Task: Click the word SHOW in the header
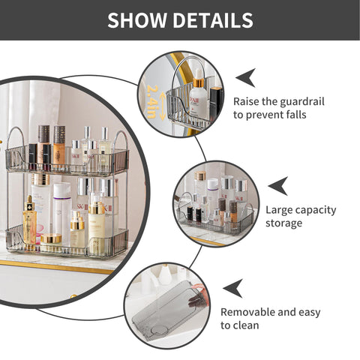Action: click(x=137, y=20)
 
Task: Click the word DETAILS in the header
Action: click(x=213, y=20)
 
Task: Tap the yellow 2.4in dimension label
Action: click(x=152, y=101)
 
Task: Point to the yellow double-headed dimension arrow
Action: click(x=163, y=106)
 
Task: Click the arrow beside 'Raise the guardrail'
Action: click(x=246, y=78)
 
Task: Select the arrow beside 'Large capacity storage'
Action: click(x=278, y=186)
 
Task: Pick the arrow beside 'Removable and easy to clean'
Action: click(x=233, y=289)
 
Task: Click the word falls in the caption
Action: click(x=297, y=115)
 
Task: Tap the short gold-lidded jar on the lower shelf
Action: click(x=51, y=240)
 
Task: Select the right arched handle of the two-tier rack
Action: click(x=120, y=140)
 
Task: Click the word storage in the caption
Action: click(x=283, y=223)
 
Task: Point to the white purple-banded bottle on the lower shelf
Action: click(x=62, y=213)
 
